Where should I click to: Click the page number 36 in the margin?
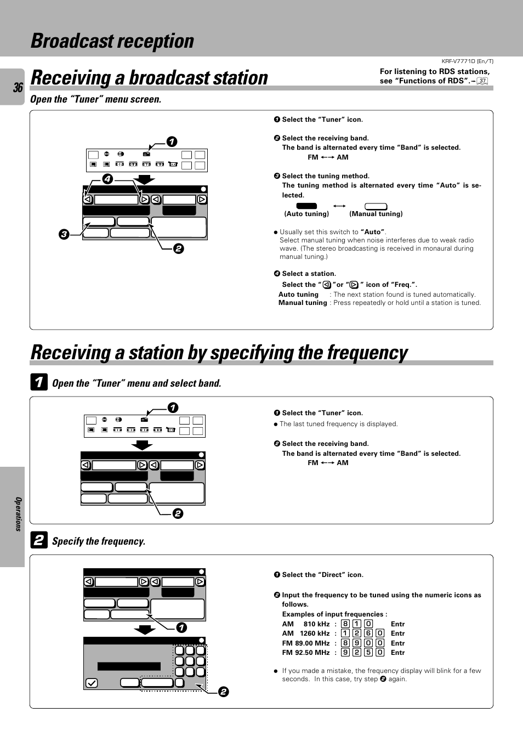coord(18,88)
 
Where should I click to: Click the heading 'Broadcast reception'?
coord(112,41)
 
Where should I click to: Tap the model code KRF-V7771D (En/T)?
coord(467,61)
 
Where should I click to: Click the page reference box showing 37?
coord(482,81)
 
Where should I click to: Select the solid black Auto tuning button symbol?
coord(306,206)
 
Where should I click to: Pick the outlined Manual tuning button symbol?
coord(376,206)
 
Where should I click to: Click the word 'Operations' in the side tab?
coord(18,514)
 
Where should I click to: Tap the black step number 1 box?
coord(38,382)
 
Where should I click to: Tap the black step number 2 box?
coord(38,540)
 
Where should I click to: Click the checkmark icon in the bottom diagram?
coord(92,683)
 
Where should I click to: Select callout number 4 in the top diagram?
coord(107,179)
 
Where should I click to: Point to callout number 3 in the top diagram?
coord(64,235)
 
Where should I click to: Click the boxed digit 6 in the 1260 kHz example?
coord(368,633)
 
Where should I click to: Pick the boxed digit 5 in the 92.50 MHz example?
coord(368,653)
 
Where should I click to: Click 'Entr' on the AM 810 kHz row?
coord(397,624)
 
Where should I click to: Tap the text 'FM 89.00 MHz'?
coord(306,643)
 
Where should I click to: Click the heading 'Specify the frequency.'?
coord(99,541)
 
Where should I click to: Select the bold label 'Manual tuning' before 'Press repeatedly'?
coord(303,303)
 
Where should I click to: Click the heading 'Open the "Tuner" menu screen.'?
coord(96,99)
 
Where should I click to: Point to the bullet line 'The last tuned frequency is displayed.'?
coord(338,424)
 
